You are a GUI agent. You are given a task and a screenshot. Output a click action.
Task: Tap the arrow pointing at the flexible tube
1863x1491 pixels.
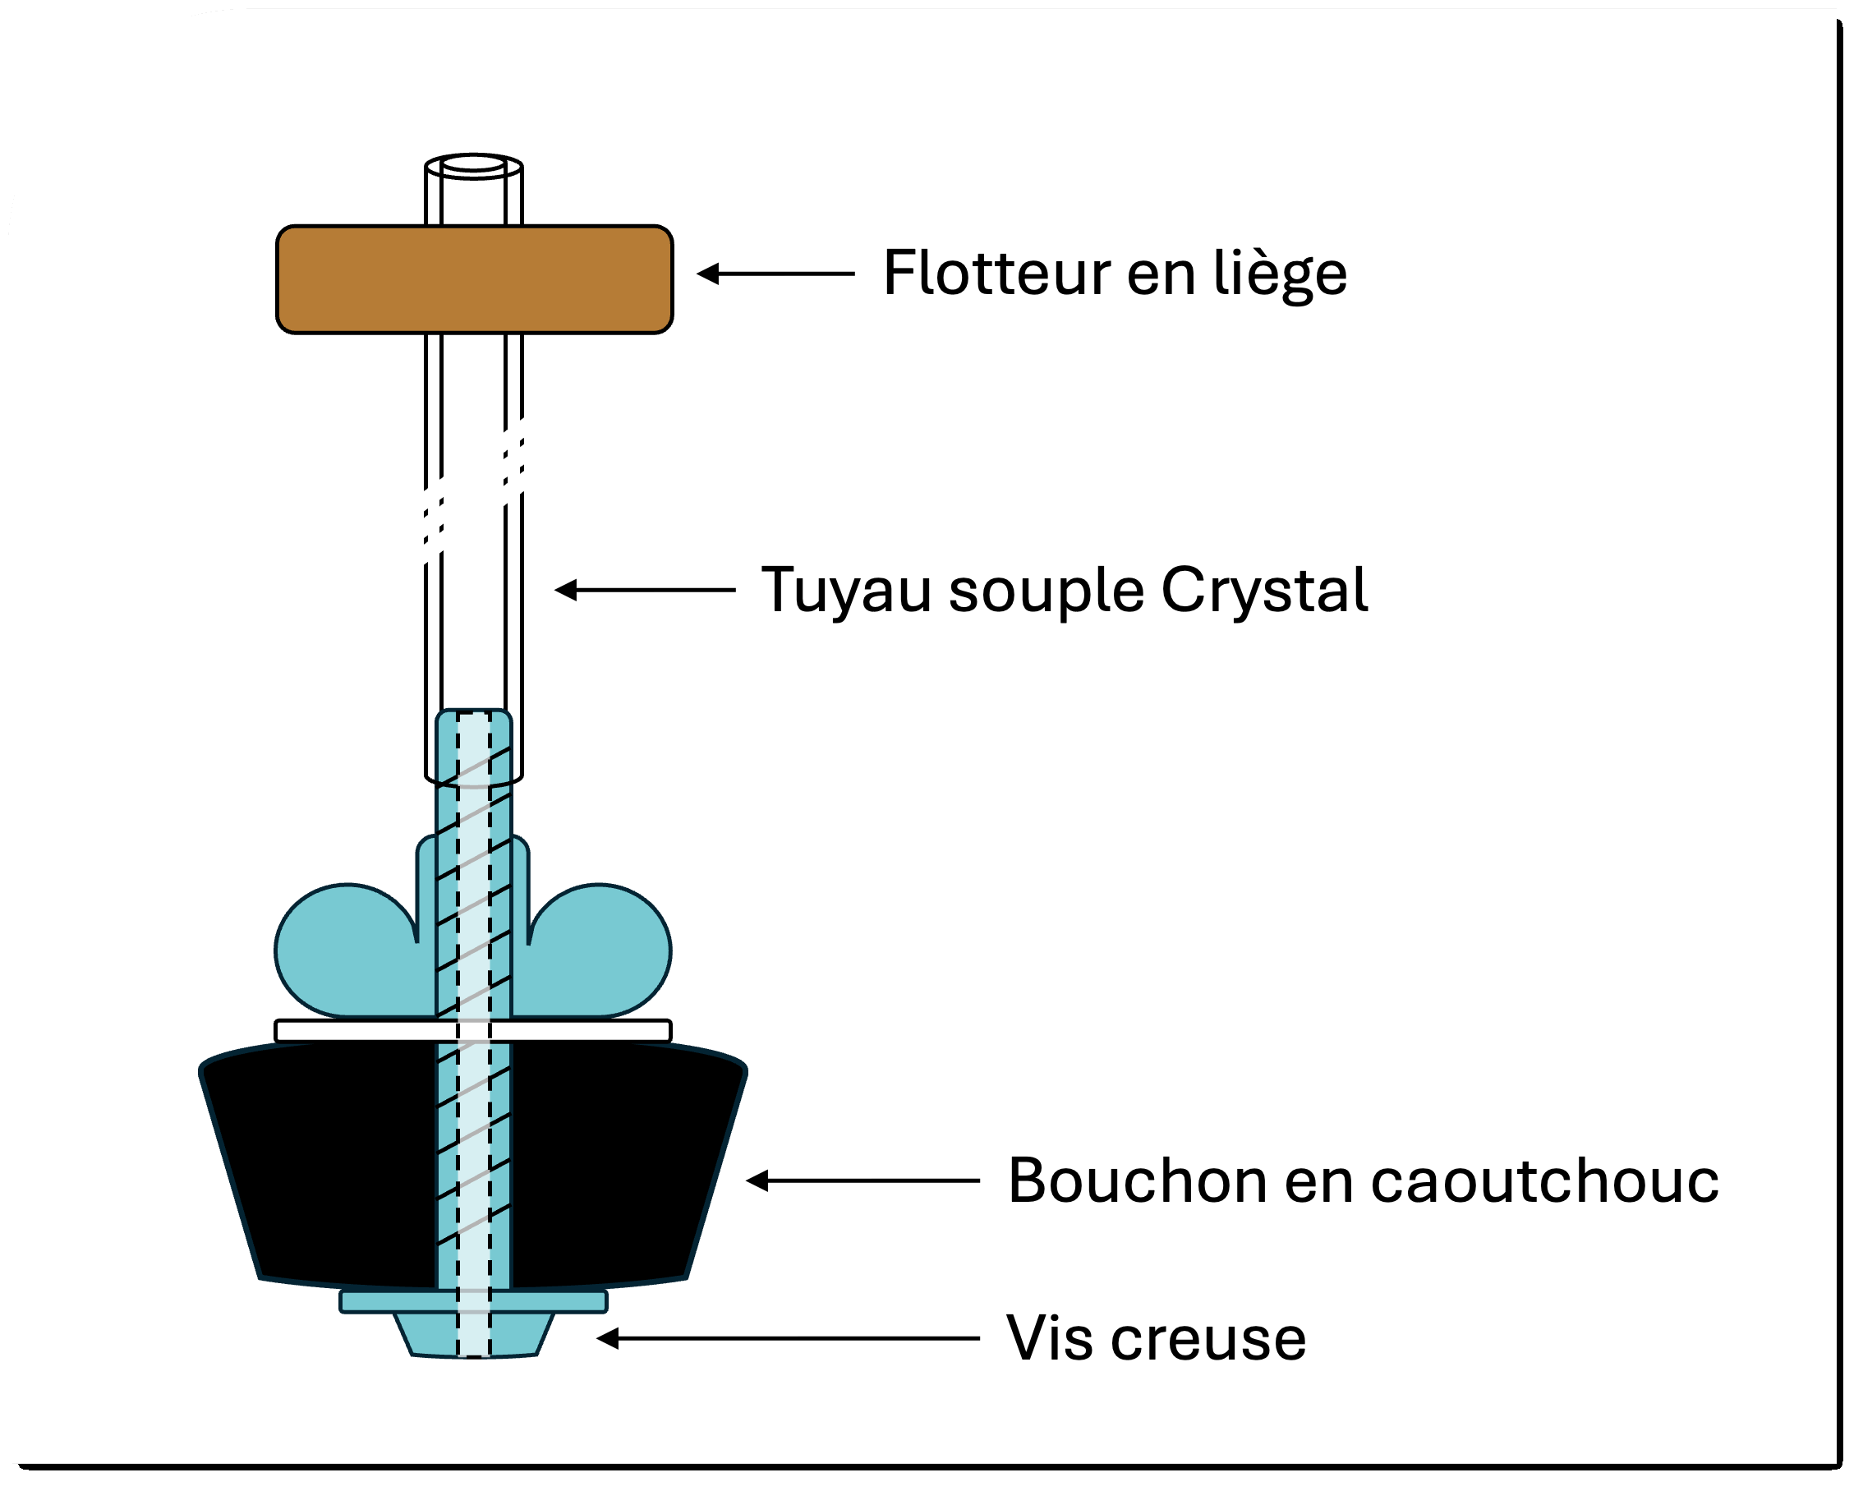pos(644,591)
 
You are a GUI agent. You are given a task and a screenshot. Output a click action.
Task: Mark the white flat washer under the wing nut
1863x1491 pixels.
pos(363,1030)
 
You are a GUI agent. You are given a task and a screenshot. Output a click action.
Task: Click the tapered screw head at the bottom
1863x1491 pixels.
pos(473,1336)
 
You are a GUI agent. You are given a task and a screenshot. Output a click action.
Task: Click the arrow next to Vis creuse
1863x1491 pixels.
pos(786,1339)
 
